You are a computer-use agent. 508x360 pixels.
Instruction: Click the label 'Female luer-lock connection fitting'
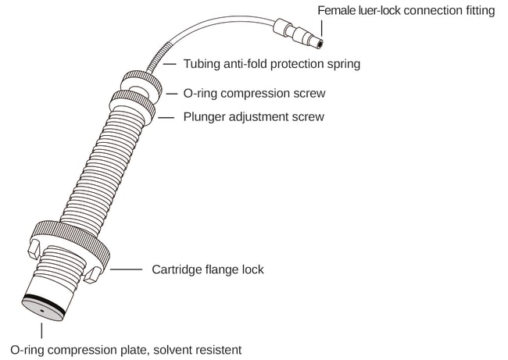[406, 11]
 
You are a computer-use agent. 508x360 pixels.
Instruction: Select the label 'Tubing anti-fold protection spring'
[271, 64]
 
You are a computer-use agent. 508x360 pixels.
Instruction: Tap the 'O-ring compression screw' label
[253, 93]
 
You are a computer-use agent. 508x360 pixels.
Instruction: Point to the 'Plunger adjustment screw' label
[253, 117]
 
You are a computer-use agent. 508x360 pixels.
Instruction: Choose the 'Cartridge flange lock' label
[207, 269]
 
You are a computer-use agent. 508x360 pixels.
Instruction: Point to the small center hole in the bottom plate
[41, 311]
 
